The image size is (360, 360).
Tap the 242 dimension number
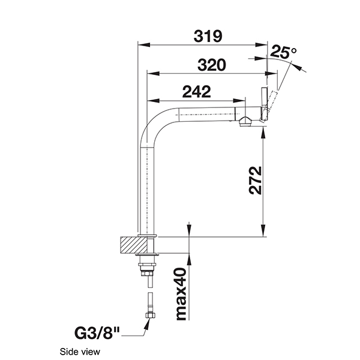197,92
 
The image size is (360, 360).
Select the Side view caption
80,352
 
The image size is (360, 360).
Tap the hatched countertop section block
133,245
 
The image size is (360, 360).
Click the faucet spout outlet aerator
244,122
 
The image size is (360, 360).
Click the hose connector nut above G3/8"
147,316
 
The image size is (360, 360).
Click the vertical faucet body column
147,192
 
